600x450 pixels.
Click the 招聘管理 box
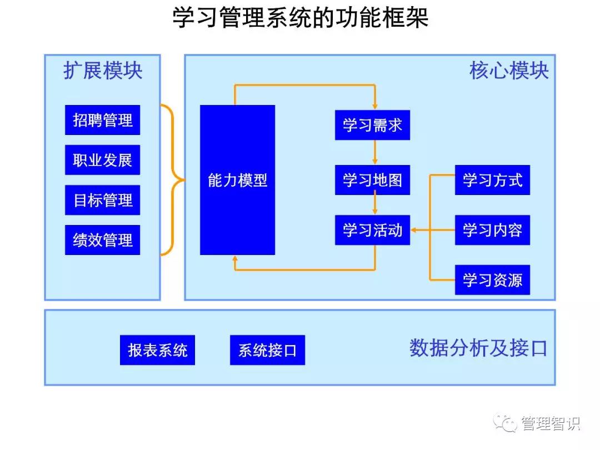click(x=102, y=120)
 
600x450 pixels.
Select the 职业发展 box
click(x=102, y=160)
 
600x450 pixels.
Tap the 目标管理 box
click(x=102, y=200)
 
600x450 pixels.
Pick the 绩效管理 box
click(x=102, y=240)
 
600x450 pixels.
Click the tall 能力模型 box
click(x=237, y=180)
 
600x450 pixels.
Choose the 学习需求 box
click(x=372, y=125)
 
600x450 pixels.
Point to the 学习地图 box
click(x=372, y=180)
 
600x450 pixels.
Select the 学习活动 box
click(x=372, y=230)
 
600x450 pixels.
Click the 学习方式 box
click(x=492, y=180)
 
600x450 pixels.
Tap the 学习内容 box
click(x=492, y=230)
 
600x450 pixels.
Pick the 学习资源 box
click(x=492, y=280)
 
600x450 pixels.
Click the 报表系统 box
click(x=157, y=350)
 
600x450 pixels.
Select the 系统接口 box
click(x=267, y=350)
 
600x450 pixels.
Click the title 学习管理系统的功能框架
click(x=300, y=18)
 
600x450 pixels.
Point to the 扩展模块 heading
click(x=103, y=71)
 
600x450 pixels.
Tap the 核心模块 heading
click(x=509, y=71)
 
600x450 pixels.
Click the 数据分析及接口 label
click(x=478, y=348)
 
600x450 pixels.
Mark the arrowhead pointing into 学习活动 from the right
click(x=414, y=230)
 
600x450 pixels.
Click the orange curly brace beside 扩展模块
click(x=173, y=180)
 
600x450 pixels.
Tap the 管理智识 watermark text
click(x=550, y=424)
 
